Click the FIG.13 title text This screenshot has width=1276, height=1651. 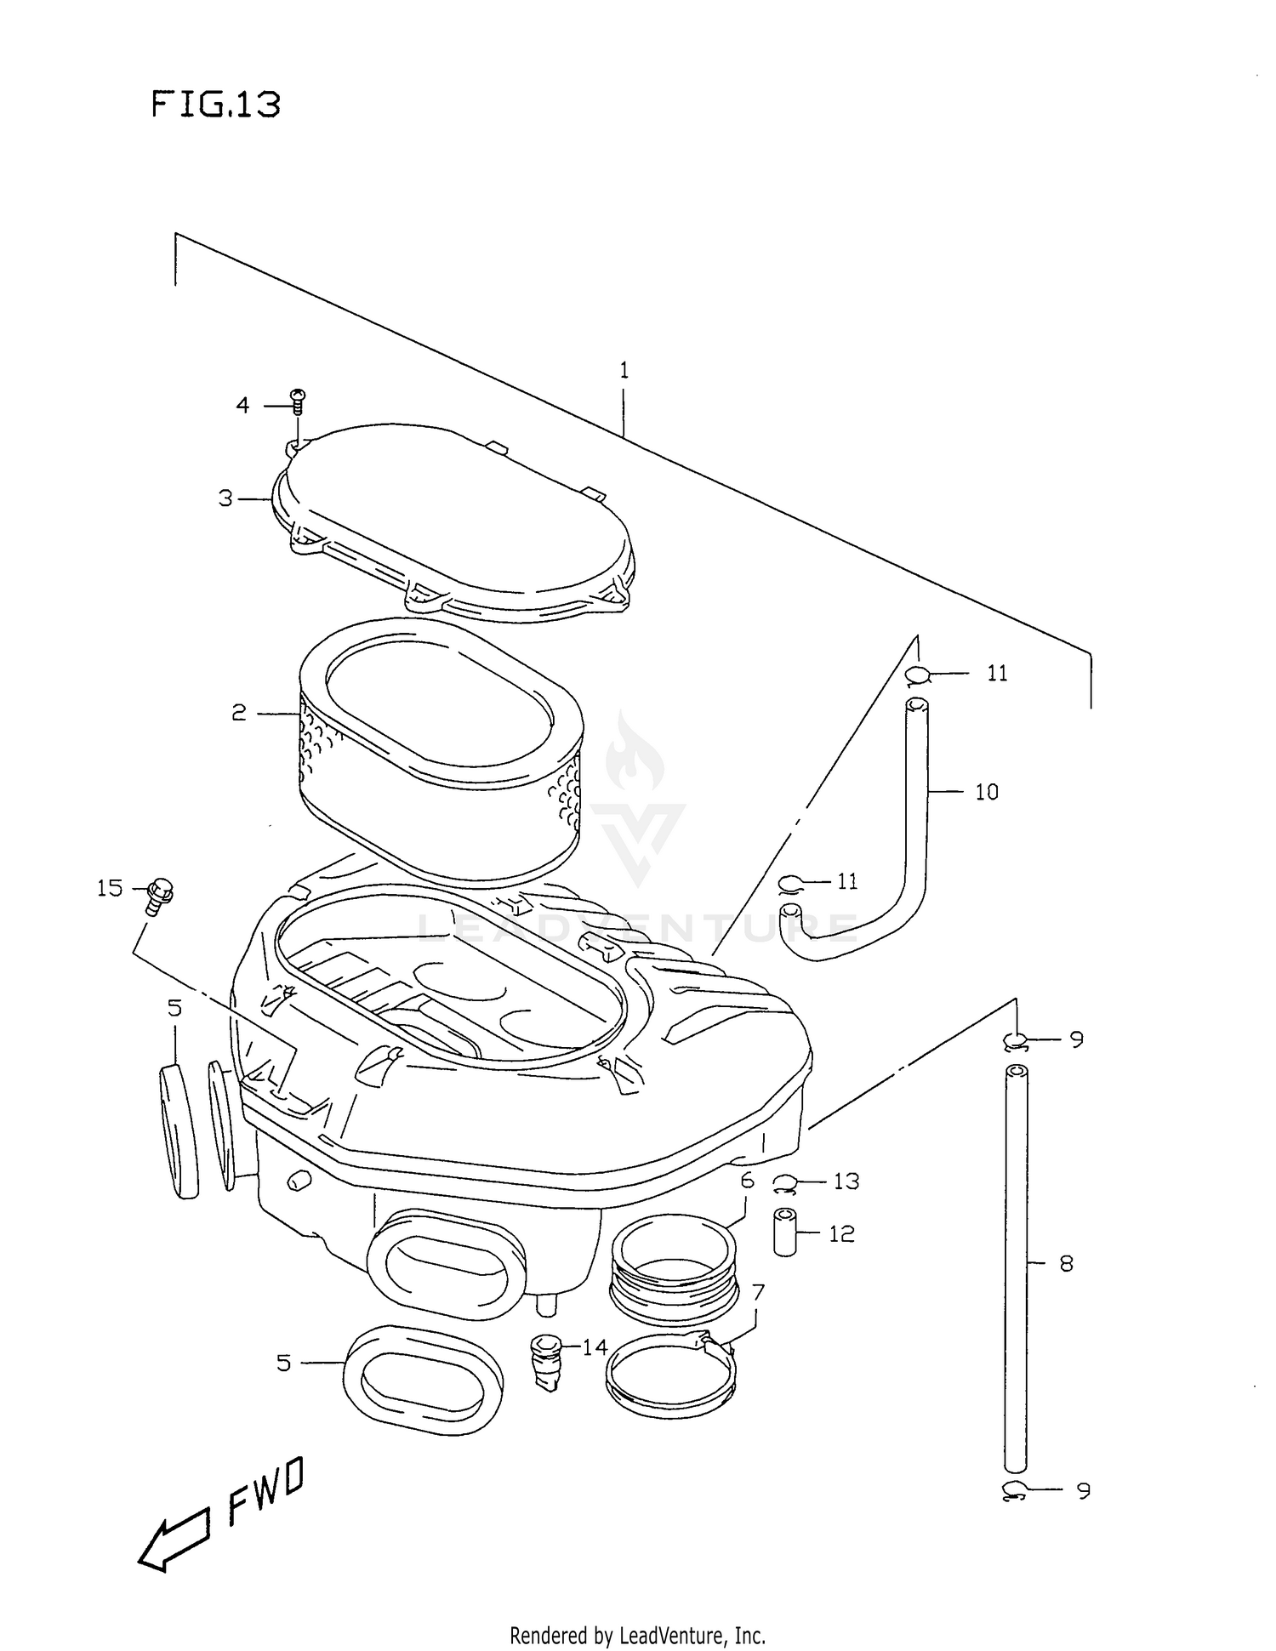[216, 105]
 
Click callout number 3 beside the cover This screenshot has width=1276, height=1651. [225, 498]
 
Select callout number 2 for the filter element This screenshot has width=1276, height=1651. [239, 713]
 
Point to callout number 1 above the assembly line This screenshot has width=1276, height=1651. [624, 370]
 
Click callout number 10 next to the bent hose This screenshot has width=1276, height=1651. [986, 792]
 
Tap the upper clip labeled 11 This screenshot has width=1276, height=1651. [917, 675]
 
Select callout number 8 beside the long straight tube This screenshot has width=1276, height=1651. [1066, 1263]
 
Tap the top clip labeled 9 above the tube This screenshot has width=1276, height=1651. [1014, 1039]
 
